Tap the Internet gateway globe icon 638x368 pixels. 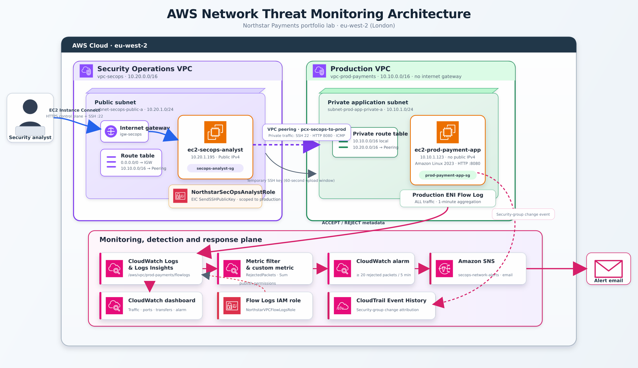pyautogui.click(x=111, y=131)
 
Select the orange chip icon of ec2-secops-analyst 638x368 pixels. pyautogui.click(x=215, y=132)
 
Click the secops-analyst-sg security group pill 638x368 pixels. pyautogui.click(x=215, y=168)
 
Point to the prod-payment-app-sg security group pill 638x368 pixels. pyautogui.click(x=447, y=175)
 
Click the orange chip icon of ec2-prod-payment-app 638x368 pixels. pyautogui.click(x=447, y=132)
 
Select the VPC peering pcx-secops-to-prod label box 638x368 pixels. pyautogui.click(x=306, y=132)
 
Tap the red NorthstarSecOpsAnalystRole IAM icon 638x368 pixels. pyautogui.click(x=180, y=196)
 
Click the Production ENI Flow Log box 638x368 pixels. pyautogui.click(x=448, y=198)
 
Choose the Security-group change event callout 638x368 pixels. pyautogui.click(x=523, y=214)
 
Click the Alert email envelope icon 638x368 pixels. pyautogui.click(x=608, y=269)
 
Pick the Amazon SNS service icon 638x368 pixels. pyautogui.click(x=444, y=269)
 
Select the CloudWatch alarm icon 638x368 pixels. pyautogui.click(x=342, y=269)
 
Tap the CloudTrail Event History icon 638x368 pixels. pyautogui.click(x=342, y=306)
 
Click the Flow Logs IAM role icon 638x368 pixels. pyautogui.click(x=232, y=306)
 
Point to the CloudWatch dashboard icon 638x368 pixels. pyautogui.click(x=114, y=306)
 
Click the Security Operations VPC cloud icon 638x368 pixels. pyautogui.click(x=86, y=71)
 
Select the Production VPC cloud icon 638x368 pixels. pyautogui.click(x=319, y=71)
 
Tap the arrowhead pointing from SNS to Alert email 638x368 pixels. pyautogui.click(x=580, y=269)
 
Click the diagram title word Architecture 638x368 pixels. pyautogui.click(x=429, y=14)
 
